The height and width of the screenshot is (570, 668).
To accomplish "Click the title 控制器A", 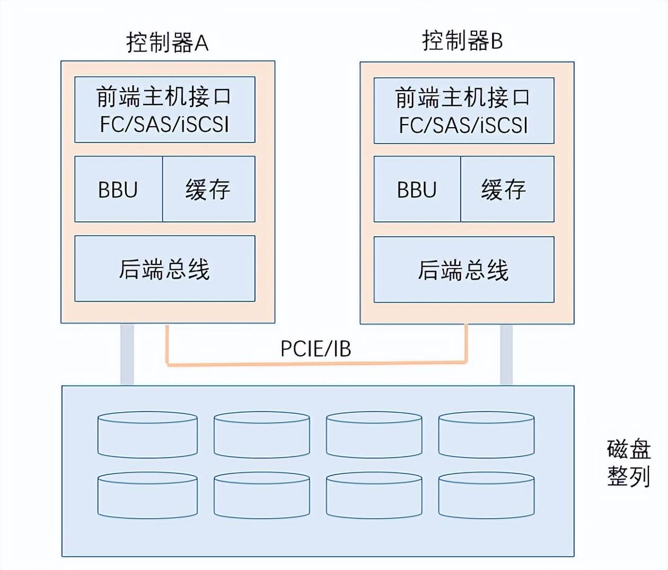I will [167, 42].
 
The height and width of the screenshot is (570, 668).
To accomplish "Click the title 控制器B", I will [462, 41].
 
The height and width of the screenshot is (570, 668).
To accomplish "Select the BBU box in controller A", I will [118, 189].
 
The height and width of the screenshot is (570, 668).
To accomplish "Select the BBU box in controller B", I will [417, 189].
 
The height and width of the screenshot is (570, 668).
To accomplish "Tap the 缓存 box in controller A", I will [208, 189].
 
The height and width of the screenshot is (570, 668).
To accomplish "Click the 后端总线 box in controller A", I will [164, 269].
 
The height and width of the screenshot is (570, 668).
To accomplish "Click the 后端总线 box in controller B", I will [463, 270].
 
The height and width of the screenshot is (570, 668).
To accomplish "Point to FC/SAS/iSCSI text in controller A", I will [164, 124].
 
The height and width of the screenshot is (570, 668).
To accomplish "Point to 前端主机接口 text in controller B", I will [463, 98].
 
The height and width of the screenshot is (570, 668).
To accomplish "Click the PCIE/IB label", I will [315, 349].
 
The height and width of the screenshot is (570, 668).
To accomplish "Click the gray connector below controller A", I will [127, 354].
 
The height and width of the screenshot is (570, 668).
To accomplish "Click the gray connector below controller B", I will [506, 354].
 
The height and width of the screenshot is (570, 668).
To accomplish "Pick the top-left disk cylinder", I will [147, 435].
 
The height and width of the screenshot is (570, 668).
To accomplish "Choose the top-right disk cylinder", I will [486, 435].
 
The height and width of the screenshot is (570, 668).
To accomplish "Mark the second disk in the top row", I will [262, 435].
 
